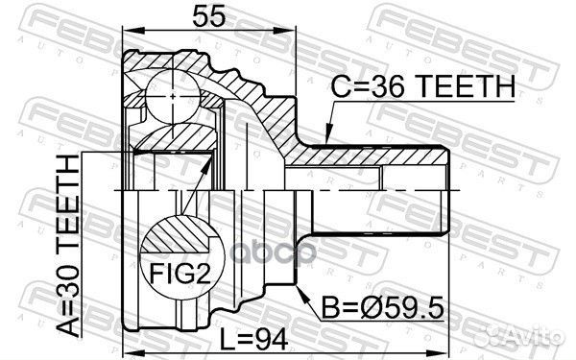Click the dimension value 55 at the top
[x=208, y=15]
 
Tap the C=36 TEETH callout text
[x=422, y=86]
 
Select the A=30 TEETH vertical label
[x=67, y=246]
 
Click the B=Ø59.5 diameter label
[x=382, y=307]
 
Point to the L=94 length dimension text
[x=253, y=339]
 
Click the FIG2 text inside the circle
[x=180, y=273]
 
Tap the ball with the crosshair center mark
[x=173, y=96]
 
